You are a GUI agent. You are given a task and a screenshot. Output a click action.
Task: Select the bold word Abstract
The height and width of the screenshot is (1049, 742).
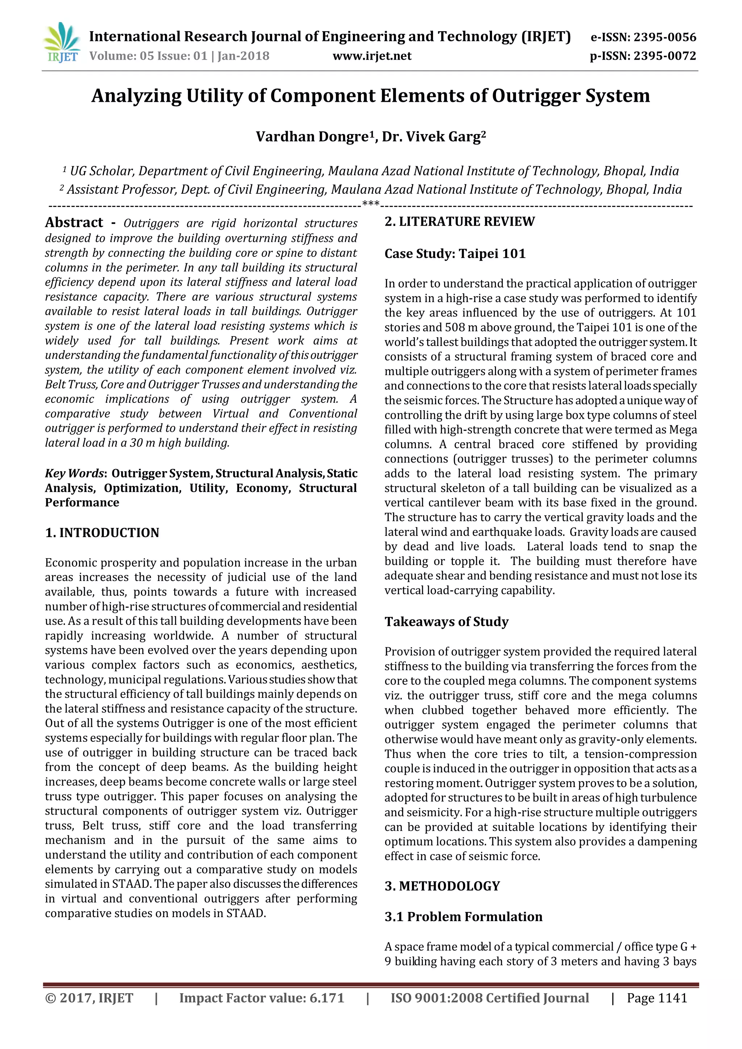click(x=74, y=222)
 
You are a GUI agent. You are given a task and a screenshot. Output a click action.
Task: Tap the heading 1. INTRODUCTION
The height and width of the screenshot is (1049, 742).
click(x=102, y=533)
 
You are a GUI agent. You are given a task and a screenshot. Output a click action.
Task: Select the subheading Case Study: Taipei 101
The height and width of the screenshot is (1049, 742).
click(x=455, y=254)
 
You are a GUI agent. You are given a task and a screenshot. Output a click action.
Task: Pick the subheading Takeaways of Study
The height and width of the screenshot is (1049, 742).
click(x=446, y=622)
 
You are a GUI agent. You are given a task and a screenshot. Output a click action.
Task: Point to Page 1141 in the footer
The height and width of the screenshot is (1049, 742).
click(x=656, y=998)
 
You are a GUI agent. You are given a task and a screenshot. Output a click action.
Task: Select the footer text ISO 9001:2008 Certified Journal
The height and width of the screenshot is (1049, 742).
click(x=489, y=998)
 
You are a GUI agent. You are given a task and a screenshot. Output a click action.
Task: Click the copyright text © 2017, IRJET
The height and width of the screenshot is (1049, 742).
click(x=89, y=998)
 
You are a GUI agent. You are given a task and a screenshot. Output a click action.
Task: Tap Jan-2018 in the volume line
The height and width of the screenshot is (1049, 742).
click(x=243, y=56)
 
